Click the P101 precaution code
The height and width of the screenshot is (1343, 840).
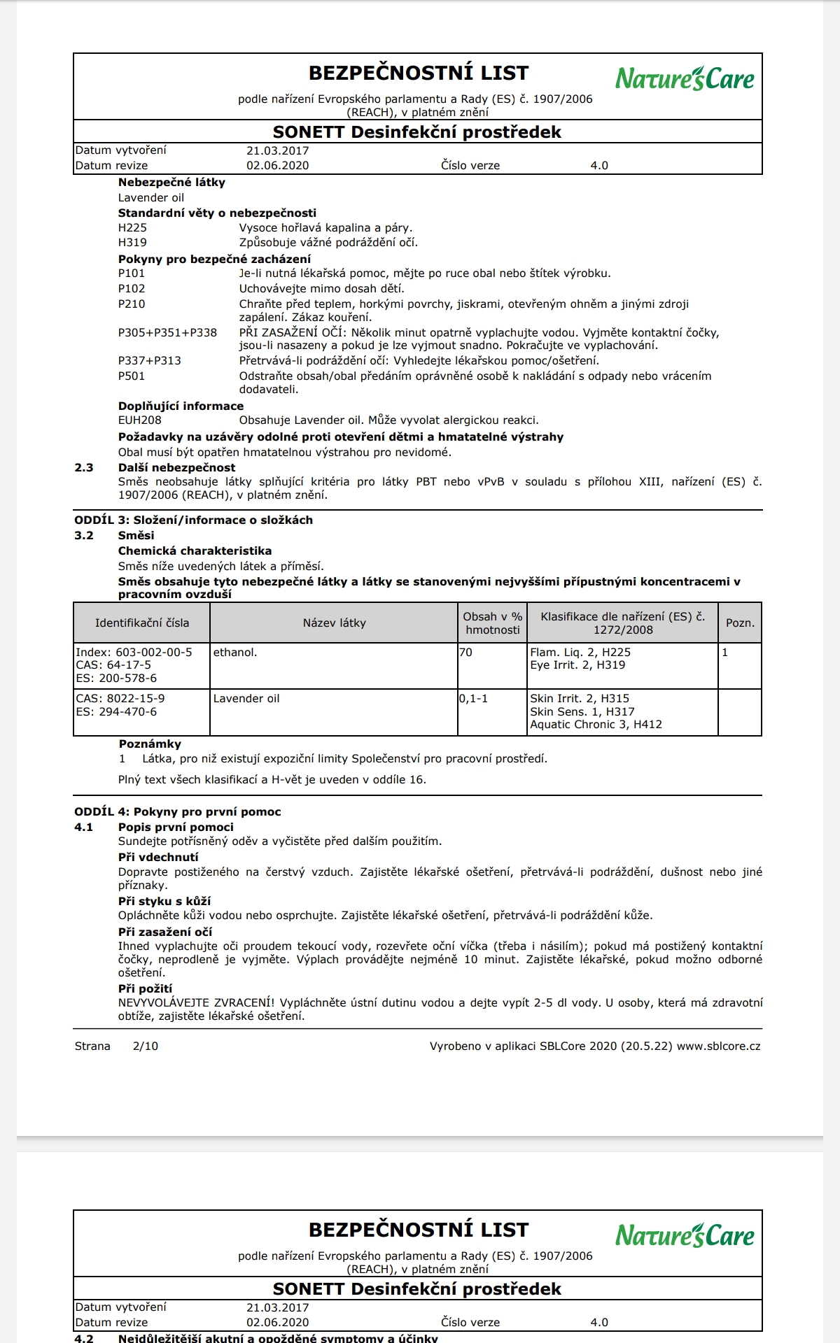pos(132,273)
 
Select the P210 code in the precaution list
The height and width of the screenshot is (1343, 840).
pos(132,304)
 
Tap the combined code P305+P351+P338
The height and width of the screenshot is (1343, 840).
pos(167,333)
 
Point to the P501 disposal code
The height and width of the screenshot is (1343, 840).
pos(132,376)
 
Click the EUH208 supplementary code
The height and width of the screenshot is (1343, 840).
pos(140,420)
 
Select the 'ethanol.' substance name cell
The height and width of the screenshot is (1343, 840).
pos(235,653)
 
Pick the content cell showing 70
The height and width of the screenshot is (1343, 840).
pos(466,653)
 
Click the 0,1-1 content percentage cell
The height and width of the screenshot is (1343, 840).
pos(474,699)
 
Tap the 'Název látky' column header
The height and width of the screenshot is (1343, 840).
pos(334,623)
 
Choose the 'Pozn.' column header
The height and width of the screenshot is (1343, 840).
pos(740,623)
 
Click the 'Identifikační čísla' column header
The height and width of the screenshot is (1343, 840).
pos(142,623)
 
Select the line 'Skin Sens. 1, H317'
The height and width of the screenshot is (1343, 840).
pos(582,712)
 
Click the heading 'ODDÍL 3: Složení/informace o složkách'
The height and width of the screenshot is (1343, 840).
pos(194,520)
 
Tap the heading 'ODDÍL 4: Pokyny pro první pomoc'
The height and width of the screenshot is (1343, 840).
pos(178,812)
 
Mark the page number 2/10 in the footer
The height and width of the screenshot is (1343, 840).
pos(146,1046)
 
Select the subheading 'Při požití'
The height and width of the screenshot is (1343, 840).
pos(145,989)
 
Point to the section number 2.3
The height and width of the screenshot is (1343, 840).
pos(84,468)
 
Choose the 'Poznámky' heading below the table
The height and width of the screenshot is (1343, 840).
pos(150,744)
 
